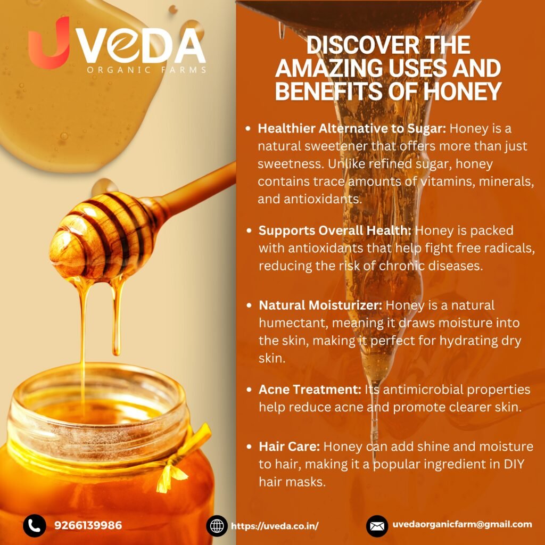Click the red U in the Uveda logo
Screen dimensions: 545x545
pos(48,44)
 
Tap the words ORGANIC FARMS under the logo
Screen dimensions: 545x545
pos(146,70)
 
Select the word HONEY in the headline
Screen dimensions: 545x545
pos(463,90)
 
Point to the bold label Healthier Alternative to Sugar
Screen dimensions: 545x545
pos(352,129)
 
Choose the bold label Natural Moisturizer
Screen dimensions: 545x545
pos(320,305)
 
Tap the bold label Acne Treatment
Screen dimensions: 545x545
pos(310,390)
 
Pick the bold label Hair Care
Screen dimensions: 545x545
pos(289,447)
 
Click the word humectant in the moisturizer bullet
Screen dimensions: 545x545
pos(294,323)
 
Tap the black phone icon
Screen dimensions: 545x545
pos(35,525)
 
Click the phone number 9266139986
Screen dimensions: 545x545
pos(88,525)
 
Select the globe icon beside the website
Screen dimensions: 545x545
pos(217,526)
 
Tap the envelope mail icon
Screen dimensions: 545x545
pos(377,526)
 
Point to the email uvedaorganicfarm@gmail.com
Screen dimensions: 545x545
pos(463,524)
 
